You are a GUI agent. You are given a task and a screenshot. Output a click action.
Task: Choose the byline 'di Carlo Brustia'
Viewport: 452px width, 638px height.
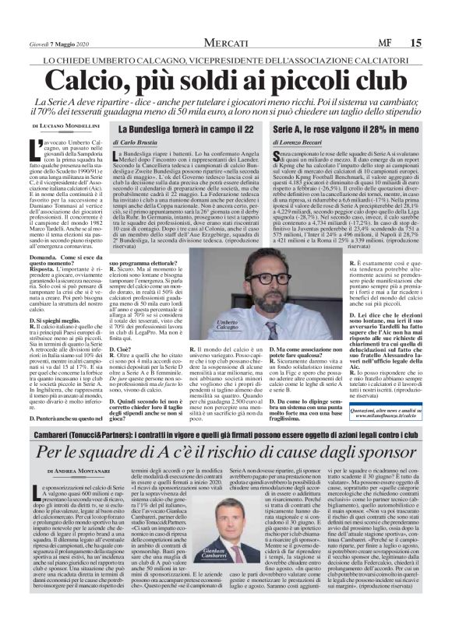click(x=139, y=143)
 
